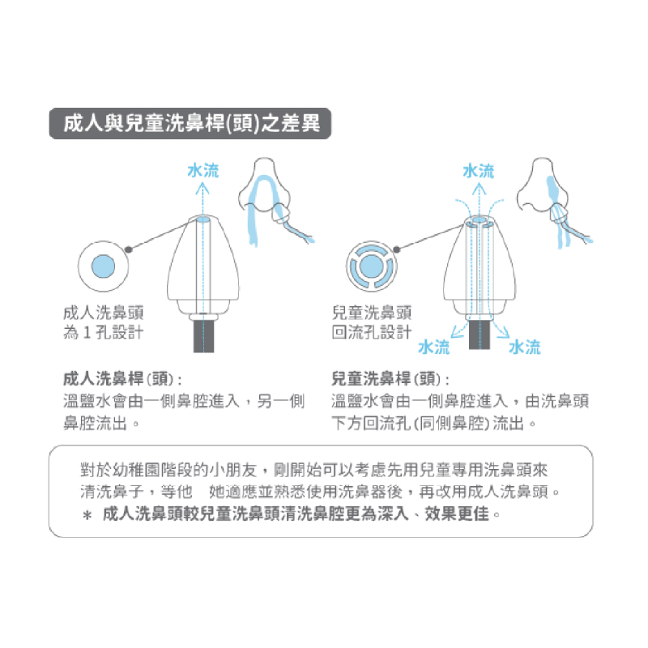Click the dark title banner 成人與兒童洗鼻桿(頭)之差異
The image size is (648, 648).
(190, 123)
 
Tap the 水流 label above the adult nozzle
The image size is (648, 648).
(203, 170)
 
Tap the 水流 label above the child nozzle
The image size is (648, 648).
(479, 171)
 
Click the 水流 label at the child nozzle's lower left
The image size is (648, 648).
(433, 347)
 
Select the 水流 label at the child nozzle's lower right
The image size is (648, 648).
(524, 347)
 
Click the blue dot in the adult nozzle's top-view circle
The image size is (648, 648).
(103, 266)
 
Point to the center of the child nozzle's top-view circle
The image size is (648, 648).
(371, 266)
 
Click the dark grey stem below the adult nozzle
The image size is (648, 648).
(204, 336)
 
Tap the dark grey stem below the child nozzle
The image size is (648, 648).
(480, 335)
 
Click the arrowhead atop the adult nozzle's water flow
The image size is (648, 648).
(202, 189)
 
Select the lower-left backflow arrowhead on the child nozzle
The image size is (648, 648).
(455, 332)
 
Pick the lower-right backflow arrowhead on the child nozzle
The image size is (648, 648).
(503, 332)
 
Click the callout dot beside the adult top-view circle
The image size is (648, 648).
(129, 249)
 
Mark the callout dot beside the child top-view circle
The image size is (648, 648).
(397, 249)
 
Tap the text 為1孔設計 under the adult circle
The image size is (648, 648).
(104, 332)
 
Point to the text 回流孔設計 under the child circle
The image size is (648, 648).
(372, 332)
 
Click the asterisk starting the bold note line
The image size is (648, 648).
(87, 515)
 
